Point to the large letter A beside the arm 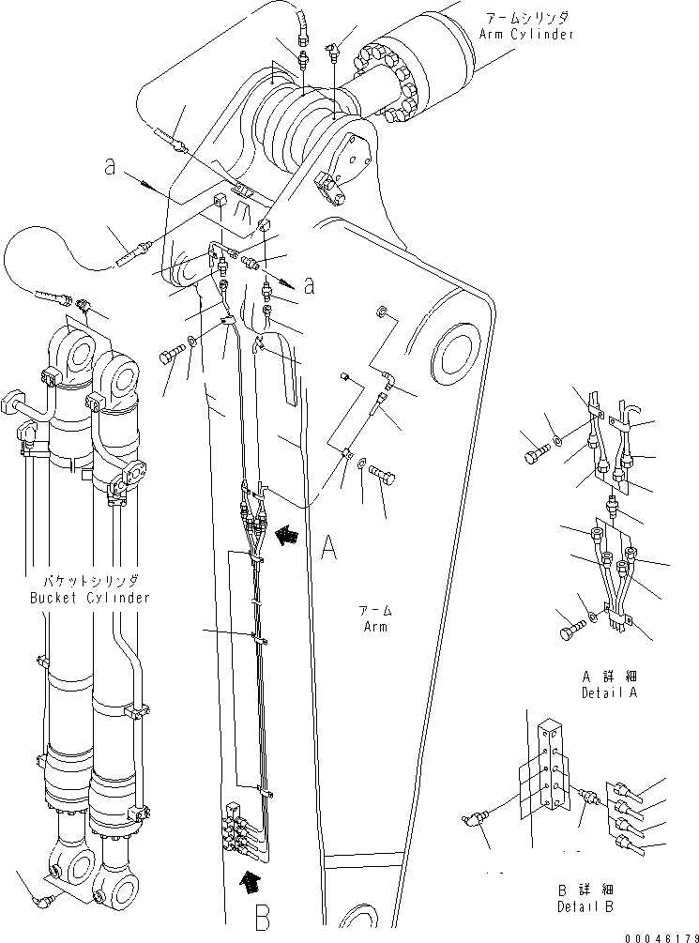(x=328, y=547)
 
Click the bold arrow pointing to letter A (x=288, y=534)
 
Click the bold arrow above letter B (x=249, y=880)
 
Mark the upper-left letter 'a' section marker (x=110, y=168)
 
